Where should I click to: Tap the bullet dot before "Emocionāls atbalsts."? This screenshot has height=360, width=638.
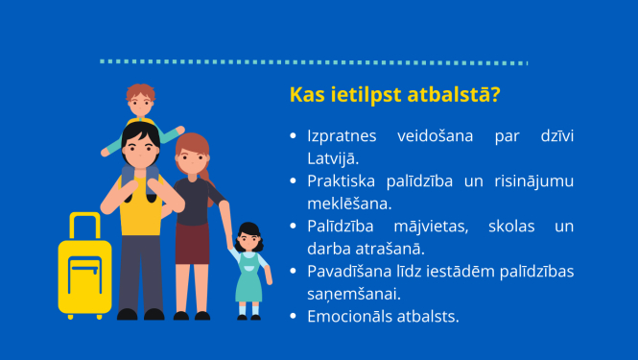[294, 317]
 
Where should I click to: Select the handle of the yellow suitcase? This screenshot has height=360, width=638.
[84, 223]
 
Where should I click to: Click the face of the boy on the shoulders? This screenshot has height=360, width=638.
[141, 101]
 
